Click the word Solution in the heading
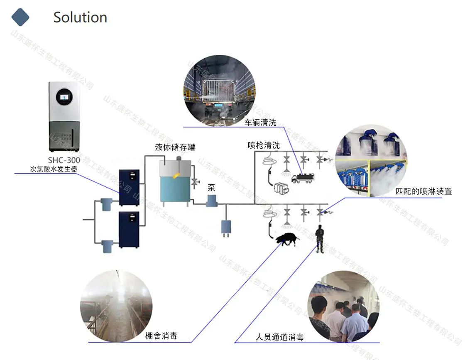pyautogui.click(x=80, y=17)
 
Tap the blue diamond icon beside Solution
pyautogui.click(x=20, y=17)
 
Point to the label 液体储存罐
pyautogui.click(x=175, y=147)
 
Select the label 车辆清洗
pyautogui.click(x=260, y=122)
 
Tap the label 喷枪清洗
pyautogui.click(x=264, y=145)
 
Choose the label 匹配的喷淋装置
pyautogui.click(x=423, y=192)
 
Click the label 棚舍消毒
pyautogui.click(x=161, y=336)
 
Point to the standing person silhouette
pyautogui.click(x=319, y=239)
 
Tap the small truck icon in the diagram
pyautogui.click(x=303, y=178)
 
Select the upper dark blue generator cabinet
pyautogui.click(x=129, y=187)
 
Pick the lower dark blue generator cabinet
pyautogui.click(x=129, y=230)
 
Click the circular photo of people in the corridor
pyautogui.click(x=343, y=306)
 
